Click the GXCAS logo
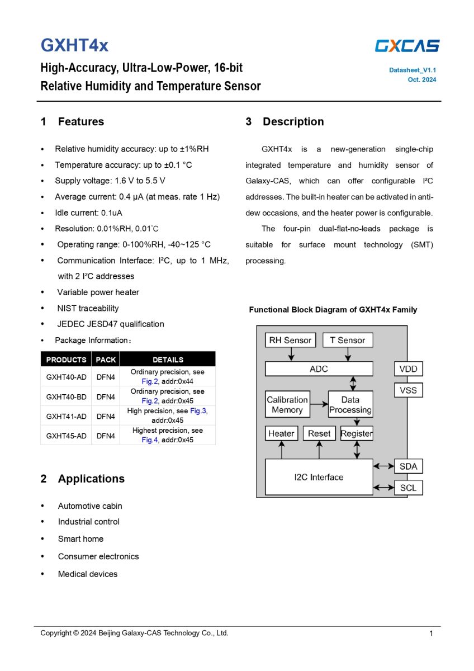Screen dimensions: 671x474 [407, 46]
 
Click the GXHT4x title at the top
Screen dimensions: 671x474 [74, 45]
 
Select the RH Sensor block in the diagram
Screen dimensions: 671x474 [290, 340]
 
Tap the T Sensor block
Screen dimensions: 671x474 [348, 340]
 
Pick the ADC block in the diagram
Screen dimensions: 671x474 [319, 369]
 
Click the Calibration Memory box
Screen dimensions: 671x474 [287, 405]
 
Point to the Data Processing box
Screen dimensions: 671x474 [350, 405]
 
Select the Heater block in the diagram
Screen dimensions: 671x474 [281, 433]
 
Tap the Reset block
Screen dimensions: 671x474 [319, 433]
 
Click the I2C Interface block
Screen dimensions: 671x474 [319, 477]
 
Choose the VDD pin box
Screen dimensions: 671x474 [408, 369]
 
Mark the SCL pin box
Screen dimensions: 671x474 [408, 488]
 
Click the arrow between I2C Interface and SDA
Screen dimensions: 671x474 [383, 466]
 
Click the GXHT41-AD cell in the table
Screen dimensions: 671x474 [66, 416]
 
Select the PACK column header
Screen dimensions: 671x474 [106, 360]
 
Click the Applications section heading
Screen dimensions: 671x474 [91, 479]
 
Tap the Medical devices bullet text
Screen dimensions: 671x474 [88, 574]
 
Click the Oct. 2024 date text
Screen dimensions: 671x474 [422, 80]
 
